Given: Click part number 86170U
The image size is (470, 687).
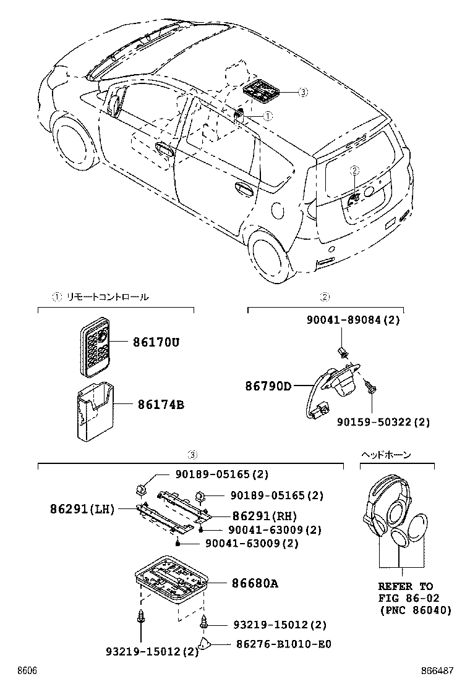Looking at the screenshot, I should (x=154, y=342).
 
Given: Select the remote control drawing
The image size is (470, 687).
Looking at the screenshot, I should (x=95, y=350).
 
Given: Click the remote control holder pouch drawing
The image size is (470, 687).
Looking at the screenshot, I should (x=93, y=413).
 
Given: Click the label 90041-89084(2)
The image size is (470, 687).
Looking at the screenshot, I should (x=353, y=319).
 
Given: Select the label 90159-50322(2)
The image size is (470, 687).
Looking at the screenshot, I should (x=383, y=422).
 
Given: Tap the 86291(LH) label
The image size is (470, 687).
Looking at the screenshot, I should (x=82, y=510).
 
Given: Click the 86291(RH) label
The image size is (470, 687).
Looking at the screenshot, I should (x=265, y=516).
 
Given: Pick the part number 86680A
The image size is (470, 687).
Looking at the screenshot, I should (x=255, y=583).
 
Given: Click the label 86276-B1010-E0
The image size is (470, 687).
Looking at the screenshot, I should (x=284, y=644).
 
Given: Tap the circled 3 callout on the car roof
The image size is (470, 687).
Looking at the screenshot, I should (x=302, y=93).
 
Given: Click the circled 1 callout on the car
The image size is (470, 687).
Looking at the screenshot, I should (x=267, y=116).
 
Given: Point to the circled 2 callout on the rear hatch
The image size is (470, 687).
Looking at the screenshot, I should (x=354, y=170).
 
